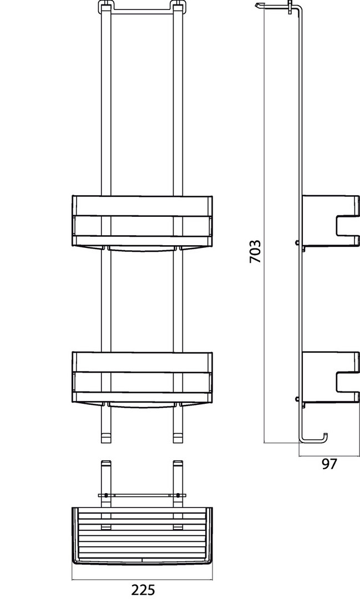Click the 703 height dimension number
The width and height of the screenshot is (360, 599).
(255, 251)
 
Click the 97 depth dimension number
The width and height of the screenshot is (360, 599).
(329, 464)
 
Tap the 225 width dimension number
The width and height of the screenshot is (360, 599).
(143, 590)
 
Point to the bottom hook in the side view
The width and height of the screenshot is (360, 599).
(313, 439)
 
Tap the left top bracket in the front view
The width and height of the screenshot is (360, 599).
(106, 8)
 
